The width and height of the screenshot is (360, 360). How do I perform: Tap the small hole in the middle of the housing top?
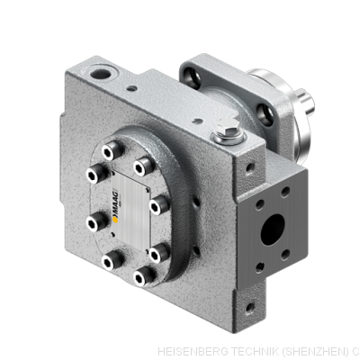(133, 89)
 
